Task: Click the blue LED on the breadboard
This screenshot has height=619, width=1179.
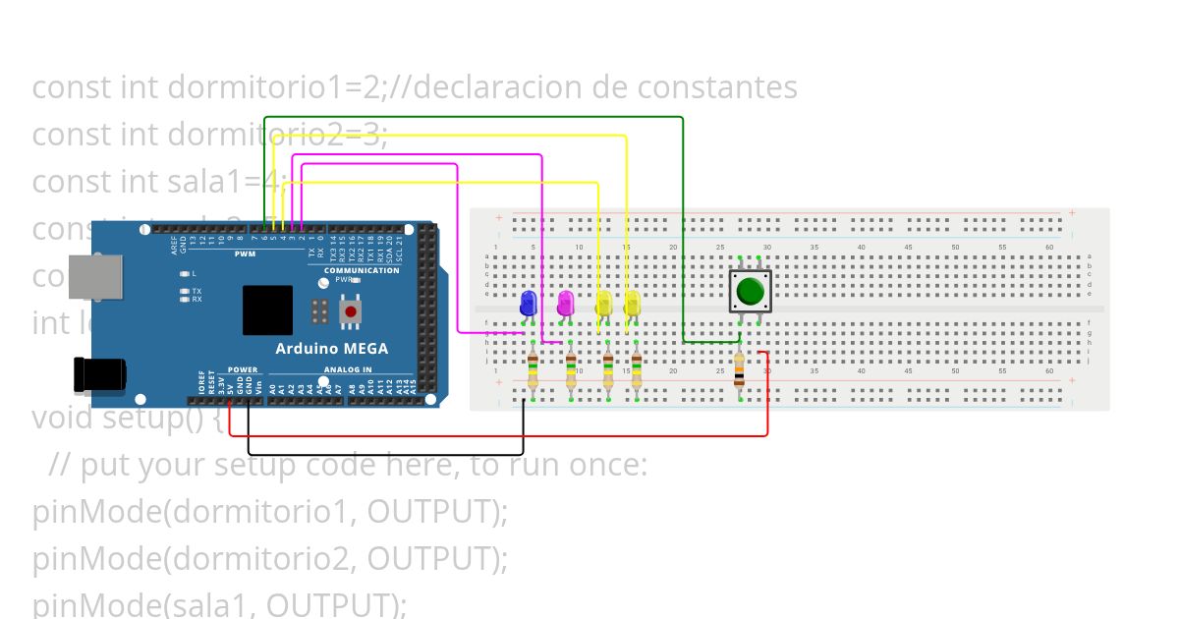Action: [529, 303]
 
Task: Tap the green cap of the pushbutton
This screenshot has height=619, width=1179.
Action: [751, 291]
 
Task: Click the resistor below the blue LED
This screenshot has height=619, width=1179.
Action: [533, 372]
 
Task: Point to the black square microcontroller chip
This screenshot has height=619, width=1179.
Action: [267, 309]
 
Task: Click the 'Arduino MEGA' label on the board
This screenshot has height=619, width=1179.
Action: [331, 349]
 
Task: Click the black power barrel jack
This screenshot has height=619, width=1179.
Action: [99, 374]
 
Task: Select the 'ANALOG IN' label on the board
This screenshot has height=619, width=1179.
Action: [348, 370]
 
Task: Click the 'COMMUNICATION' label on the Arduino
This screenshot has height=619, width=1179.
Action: [362, 270]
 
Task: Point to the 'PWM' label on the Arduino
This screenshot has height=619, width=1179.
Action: [244, 254]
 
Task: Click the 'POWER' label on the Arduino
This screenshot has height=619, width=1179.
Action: [242, 370]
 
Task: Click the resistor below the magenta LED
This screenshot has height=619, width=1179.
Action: [571, 372]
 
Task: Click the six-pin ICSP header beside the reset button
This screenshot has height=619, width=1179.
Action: [318, 311]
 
